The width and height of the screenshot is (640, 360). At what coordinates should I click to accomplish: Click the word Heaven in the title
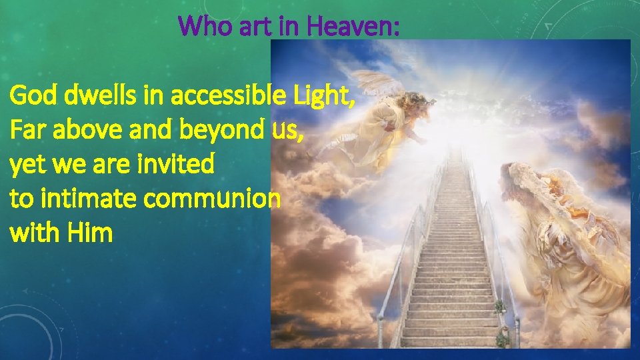[x=363, y=26]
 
